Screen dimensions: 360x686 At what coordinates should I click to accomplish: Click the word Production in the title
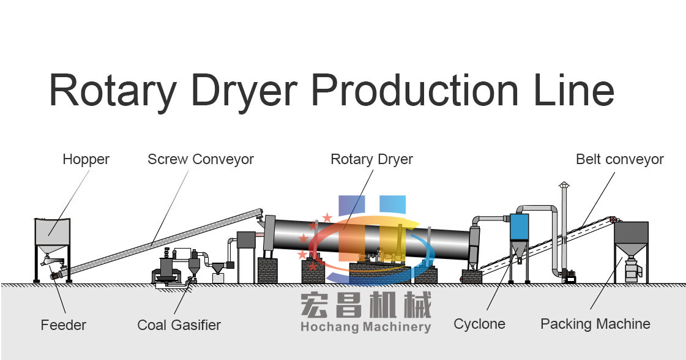[406, 90]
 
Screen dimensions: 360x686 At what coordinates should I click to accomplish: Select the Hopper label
[86, 160]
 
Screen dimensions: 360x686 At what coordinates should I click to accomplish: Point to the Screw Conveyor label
[200, 160]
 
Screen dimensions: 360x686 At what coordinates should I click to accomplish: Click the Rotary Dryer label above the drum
[371, 160]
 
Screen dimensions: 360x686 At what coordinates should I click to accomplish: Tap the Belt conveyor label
[619, 160]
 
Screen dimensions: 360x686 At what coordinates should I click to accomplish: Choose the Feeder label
[64, 324]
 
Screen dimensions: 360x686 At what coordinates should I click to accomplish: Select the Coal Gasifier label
[179, 324]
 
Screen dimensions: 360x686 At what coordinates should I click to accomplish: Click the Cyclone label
[479, 324]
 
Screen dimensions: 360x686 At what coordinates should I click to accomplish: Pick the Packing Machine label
[595, 324]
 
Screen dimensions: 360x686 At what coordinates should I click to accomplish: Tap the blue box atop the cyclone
[519, 227]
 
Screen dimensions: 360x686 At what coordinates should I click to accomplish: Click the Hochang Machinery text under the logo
[365, 327]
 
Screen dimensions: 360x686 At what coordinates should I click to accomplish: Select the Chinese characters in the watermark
[365, 304]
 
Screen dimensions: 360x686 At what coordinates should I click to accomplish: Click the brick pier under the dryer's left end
[267, 270]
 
